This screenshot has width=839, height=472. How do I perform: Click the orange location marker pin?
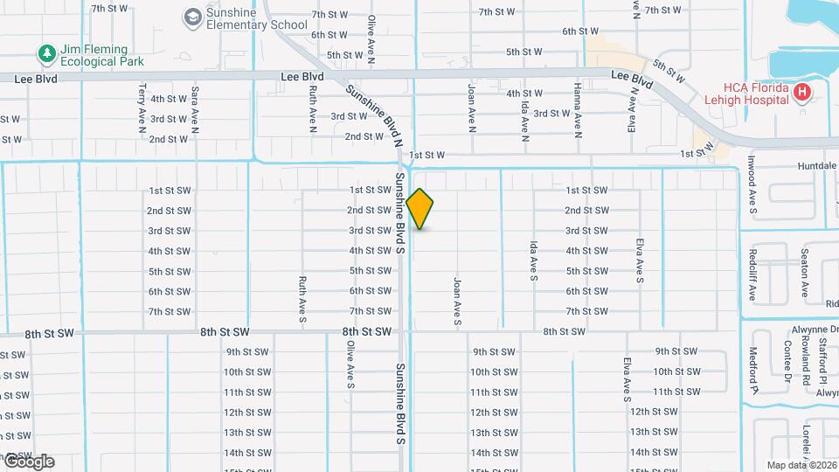tap(420, 209)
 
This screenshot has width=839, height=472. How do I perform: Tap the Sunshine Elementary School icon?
tap(191, 17)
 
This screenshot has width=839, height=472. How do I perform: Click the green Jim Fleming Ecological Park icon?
tap(46, 54)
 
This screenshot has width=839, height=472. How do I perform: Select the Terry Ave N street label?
tap(142, 109)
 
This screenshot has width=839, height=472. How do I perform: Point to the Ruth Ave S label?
tap(302, 301)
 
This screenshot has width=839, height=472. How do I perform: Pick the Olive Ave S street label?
tap(350, 364)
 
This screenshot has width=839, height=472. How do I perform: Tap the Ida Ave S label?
tap(532, 262)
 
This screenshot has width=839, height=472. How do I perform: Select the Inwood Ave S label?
tap(751, 185)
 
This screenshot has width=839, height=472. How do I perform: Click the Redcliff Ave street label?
tap(751, 274)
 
